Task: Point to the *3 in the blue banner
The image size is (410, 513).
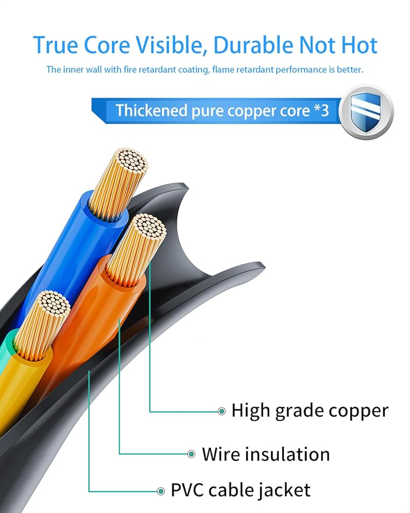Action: pos(320,110)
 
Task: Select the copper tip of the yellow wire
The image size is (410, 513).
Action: pos(50,307)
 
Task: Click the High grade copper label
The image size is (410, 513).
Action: pos(310,410)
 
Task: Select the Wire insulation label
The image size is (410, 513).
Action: pos(265,454)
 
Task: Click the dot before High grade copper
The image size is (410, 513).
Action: pos(222,411)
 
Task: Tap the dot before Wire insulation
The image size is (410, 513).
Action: pos(191,454)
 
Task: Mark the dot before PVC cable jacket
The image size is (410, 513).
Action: pos(161,490)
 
